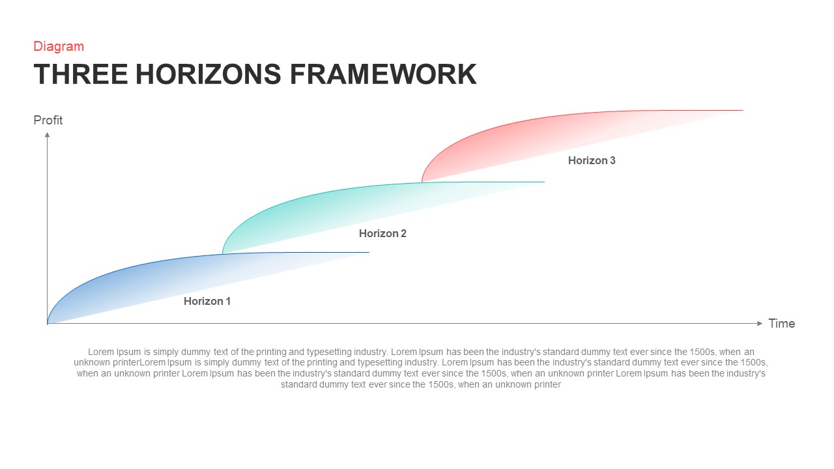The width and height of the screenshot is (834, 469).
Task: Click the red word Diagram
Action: click(x=59, y=46)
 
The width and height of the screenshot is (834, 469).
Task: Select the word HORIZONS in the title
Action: click(x=208, y=74)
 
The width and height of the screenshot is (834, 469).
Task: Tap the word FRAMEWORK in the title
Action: click(x=383, y=74)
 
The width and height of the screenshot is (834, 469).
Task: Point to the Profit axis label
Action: click(x=48, y=120)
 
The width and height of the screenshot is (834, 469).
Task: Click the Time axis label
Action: click(x=781, y=324)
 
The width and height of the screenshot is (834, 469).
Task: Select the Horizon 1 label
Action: click(x=207, y=301)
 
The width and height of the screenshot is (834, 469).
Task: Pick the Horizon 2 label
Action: click(x=382, y=233)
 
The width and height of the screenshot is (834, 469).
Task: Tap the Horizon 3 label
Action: click(x=592, y=160)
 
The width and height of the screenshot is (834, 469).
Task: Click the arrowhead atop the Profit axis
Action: click(x=47, y=135)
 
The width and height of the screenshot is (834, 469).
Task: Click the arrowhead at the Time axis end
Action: click(x=759, y=323)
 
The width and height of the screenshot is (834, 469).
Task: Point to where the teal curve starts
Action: click(x=223, y=253)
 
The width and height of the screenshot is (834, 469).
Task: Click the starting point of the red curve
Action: click(x=422, y=182)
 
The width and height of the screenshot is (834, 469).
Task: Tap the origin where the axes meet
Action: click(x=48, y=323)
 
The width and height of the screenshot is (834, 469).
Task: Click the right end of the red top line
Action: click(x=742, y=110)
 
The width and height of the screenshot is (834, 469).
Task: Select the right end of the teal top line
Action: click(x=543, y=182)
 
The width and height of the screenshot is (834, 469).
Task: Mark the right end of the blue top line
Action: click(x=368, y=252)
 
